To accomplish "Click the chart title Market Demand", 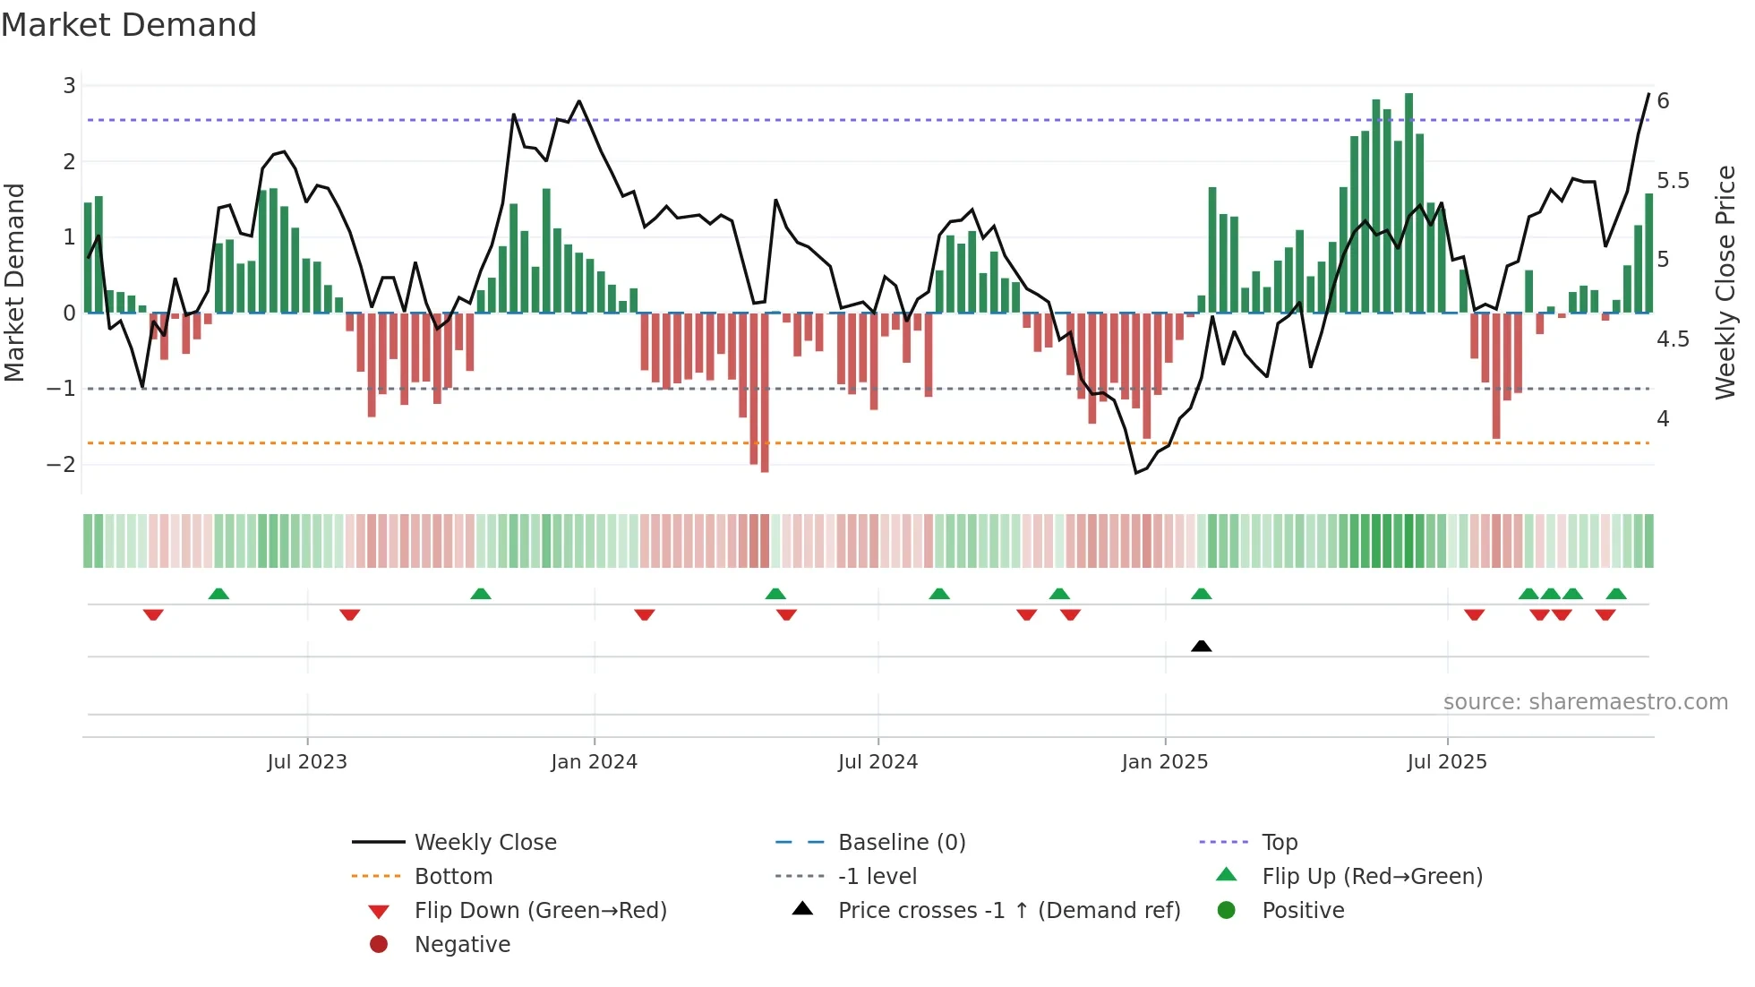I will pos(129,25).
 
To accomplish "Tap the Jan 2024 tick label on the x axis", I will pos(594,762).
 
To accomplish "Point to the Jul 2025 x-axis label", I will pos(1446,762).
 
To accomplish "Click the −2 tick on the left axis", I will pos(61,464).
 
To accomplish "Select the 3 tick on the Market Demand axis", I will pos(69,86).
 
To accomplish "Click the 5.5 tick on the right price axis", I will pos(1673,181).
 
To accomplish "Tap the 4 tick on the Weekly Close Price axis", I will pos(1663,419).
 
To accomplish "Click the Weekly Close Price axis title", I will pos(1725,282).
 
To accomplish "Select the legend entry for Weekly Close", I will pos(484,843).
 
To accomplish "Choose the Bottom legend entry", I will pos(453,877).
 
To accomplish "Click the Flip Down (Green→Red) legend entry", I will pos(540,911).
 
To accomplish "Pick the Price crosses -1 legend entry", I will pos(1008,911).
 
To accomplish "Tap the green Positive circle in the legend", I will pos(1227,911).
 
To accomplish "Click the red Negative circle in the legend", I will pos(379,945).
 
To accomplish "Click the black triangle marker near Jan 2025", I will pos(1202,647).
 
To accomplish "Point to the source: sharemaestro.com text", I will pos(1585,702).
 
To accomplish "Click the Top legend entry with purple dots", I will pos(1280,843).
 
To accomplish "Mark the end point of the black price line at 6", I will pos(1648,94).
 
